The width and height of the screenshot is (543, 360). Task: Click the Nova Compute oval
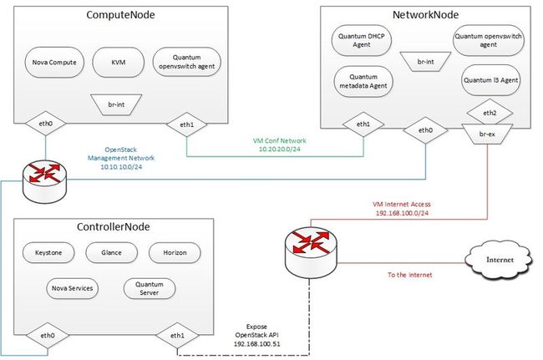[54, 63]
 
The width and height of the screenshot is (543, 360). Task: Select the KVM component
[119, 63]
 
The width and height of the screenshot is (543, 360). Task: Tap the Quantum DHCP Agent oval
[362, 40]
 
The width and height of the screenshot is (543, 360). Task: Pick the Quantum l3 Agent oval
[491, 80]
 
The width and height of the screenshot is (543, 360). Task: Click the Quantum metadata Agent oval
[363, 81]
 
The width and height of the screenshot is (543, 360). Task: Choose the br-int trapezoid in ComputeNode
[116, 104]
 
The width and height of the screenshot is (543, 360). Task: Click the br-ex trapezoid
[487, 134]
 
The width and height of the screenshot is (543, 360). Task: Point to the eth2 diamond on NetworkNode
[490, 113]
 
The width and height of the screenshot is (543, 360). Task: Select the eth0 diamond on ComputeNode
[45, 124]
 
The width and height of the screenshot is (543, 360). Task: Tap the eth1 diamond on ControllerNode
[177, 336]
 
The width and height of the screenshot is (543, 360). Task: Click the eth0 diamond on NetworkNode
[425, 130]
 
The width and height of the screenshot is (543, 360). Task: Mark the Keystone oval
[48, 253]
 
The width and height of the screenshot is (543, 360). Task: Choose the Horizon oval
[175, 253]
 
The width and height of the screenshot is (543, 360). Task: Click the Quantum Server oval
[150, 288]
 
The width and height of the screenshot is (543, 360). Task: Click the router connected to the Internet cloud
[311, 252]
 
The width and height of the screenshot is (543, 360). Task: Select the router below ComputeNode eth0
[44, 181]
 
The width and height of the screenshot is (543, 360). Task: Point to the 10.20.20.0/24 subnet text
[280, 150]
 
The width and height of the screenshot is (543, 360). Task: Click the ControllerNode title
[114, 226]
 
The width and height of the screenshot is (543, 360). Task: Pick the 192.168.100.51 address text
[257, 344]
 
